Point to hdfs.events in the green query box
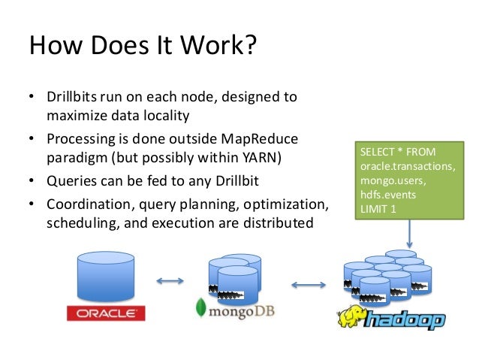click(387, 195)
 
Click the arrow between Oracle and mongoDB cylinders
click(170, 282)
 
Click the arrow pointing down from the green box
click(410, 234)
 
